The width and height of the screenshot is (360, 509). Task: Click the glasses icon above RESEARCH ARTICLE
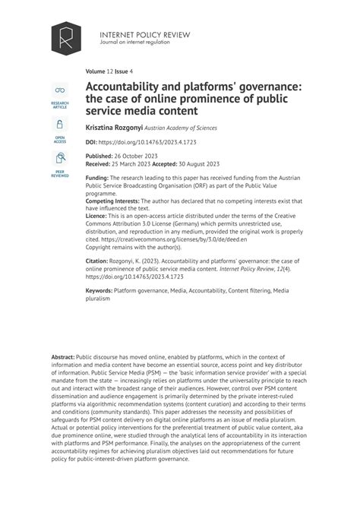pos(59,91)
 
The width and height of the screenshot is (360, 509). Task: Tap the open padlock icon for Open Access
pos(59,125)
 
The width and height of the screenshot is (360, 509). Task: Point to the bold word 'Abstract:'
pos(64,356)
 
